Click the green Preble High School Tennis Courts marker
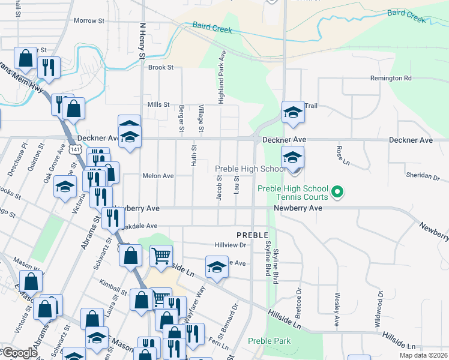(x=337, y=192)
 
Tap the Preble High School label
(x=250, y=169)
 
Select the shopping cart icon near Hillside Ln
(x=161, y=256)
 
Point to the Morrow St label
(x=89, y=20)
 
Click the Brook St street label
(x=161, y=68)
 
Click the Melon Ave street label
(x=158, y=176)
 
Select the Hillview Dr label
(x=231, y=245)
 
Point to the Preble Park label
(x=270, y=341)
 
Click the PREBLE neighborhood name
(x=252, y=234)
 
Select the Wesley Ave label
(x=337, y=309)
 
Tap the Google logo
(x=19, y=353)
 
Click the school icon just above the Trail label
(x=292, y=112)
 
